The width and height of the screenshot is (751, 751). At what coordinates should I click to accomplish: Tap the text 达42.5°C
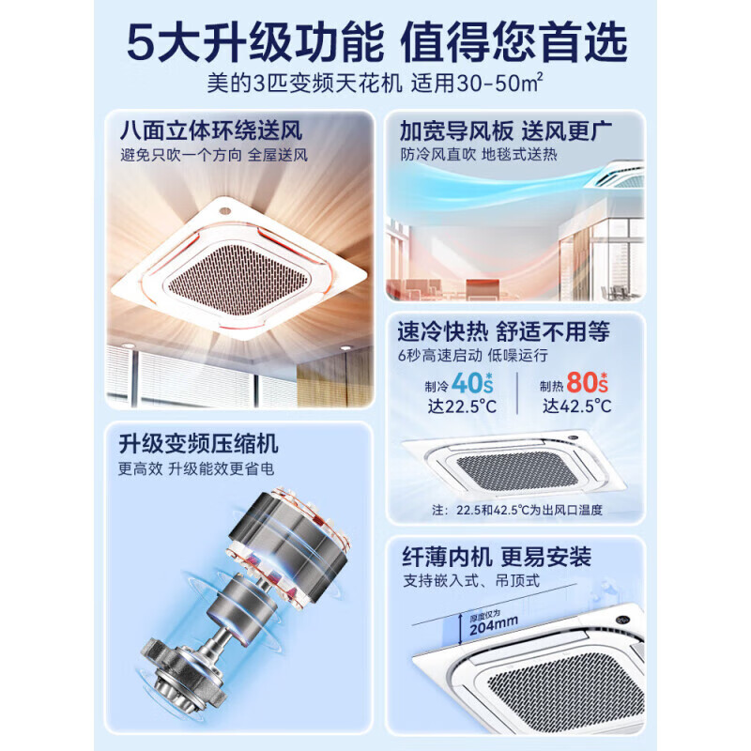[576, 406]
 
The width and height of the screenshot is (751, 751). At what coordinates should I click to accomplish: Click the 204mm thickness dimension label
[494, 627]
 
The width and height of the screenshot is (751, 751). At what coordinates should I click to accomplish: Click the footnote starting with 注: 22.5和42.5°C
[516, 510]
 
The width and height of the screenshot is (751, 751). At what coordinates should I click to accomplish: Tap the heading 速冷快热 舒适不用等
[503, 331]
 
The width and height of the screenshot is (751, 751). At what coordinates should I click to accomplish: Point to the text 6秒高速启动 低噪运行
[472, 356]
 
